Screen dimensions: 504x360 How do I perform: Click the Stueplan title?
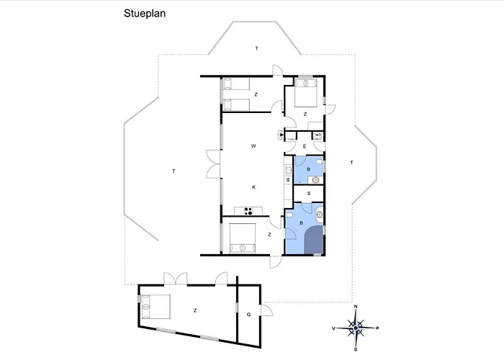click(145, 14)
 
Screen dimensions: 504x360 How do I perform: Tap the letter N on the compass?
click(356, 306)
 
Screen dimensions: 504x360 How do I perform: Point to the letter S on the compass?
click(356, 349)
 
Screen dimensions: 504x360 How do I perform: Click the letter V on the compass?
click(334, 328)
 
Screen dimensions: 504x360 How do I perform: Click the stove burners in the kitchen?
click(248, 211)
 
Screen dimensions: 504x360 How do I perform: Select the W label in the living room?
click(253, 146)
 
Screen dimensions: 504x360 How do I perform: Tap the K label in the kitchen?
click(253, 187)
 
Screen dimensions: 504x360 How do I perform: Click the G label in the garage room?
click(249, 315)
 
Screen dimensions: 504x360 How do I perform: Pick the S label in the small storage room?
click(309, 194)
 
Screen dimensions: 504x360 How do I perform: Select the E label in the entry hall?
click(305, 146)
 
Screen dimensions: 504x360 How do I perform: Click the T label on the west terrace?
click(174, 171)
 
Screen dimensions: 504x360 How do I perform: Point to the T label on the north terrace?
click(257, 48)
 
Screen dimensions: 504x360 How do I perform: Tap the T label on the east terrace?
click(351, 162)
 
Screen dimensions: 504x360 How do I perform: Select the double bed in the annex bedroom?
click(156, 307)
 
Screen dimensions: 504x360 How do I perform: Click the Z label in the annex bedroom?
click(195, 310)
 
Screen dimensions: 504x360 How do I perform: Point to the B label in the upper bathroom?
click(309, 169)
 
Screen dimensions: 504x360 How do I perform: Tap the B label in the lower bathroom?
click(301, 223)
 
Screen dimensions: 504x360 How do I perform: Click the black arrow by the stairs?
click(282, 135)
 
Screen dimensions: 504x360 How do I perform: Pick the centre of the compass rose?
click(356, 328)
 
